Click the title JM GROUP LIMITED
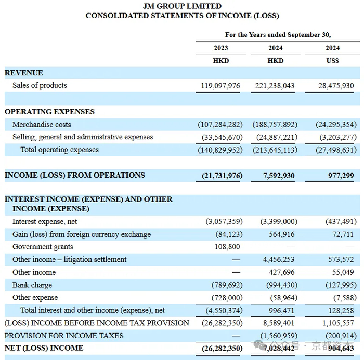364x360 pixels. [181, 6]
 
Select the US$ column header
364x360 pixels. [332, 61]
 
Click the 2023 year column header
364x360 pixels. [220, 48]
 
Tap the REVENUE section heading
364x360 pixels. [24, 73]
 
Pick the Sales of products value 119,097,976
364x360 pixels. [221, 86]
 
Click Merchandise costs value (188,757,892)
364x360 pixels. [275, 125]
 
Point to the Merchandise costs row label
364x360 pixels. [42, 125]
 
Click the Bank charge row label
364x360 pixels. [32, 285]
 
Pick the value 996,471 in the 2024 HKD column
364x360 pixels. [280, 310]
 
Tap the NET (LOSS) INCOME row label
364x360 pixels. [44, 348]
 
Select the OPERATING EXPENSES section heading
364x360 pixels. [49, 112]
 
